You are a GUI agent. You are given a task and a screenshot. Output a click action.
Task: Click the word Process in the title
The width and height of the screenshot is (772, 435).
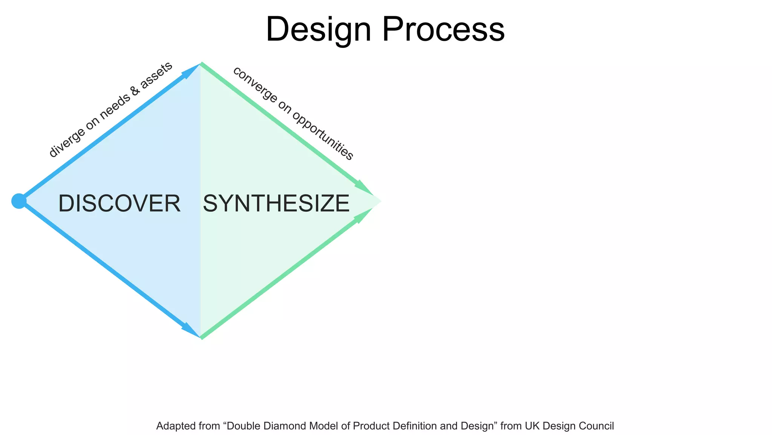tap(443, 30)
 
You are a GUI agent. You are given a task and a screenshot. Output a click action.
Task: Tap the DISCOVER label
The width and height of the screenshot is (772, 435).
tap(119, 204)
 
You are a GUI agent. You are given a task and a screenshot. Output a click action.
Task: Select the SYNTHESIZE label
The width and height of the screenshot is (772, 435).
tap(276, 204)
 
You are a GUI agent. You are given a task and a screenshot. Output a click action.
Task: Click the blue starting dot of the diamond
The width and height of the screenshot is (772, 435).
tap(18, 201)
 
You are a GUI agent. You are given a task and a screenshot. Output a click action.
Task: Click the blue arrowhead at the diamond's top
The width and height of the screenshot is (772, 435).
tap(190, 71)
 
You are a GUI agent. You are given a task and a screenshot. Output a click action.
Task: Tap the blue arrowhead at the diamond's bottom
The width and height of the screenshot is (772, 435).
tap(190, 330)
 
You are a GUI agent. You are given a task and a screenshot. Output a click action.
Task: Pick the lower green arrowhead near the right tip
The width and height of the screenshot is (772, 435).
tap(363, 216)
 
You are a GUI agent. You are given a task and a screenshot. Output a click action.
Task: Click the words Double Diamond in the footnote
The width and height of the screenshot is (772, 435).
tap(264, 426)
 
